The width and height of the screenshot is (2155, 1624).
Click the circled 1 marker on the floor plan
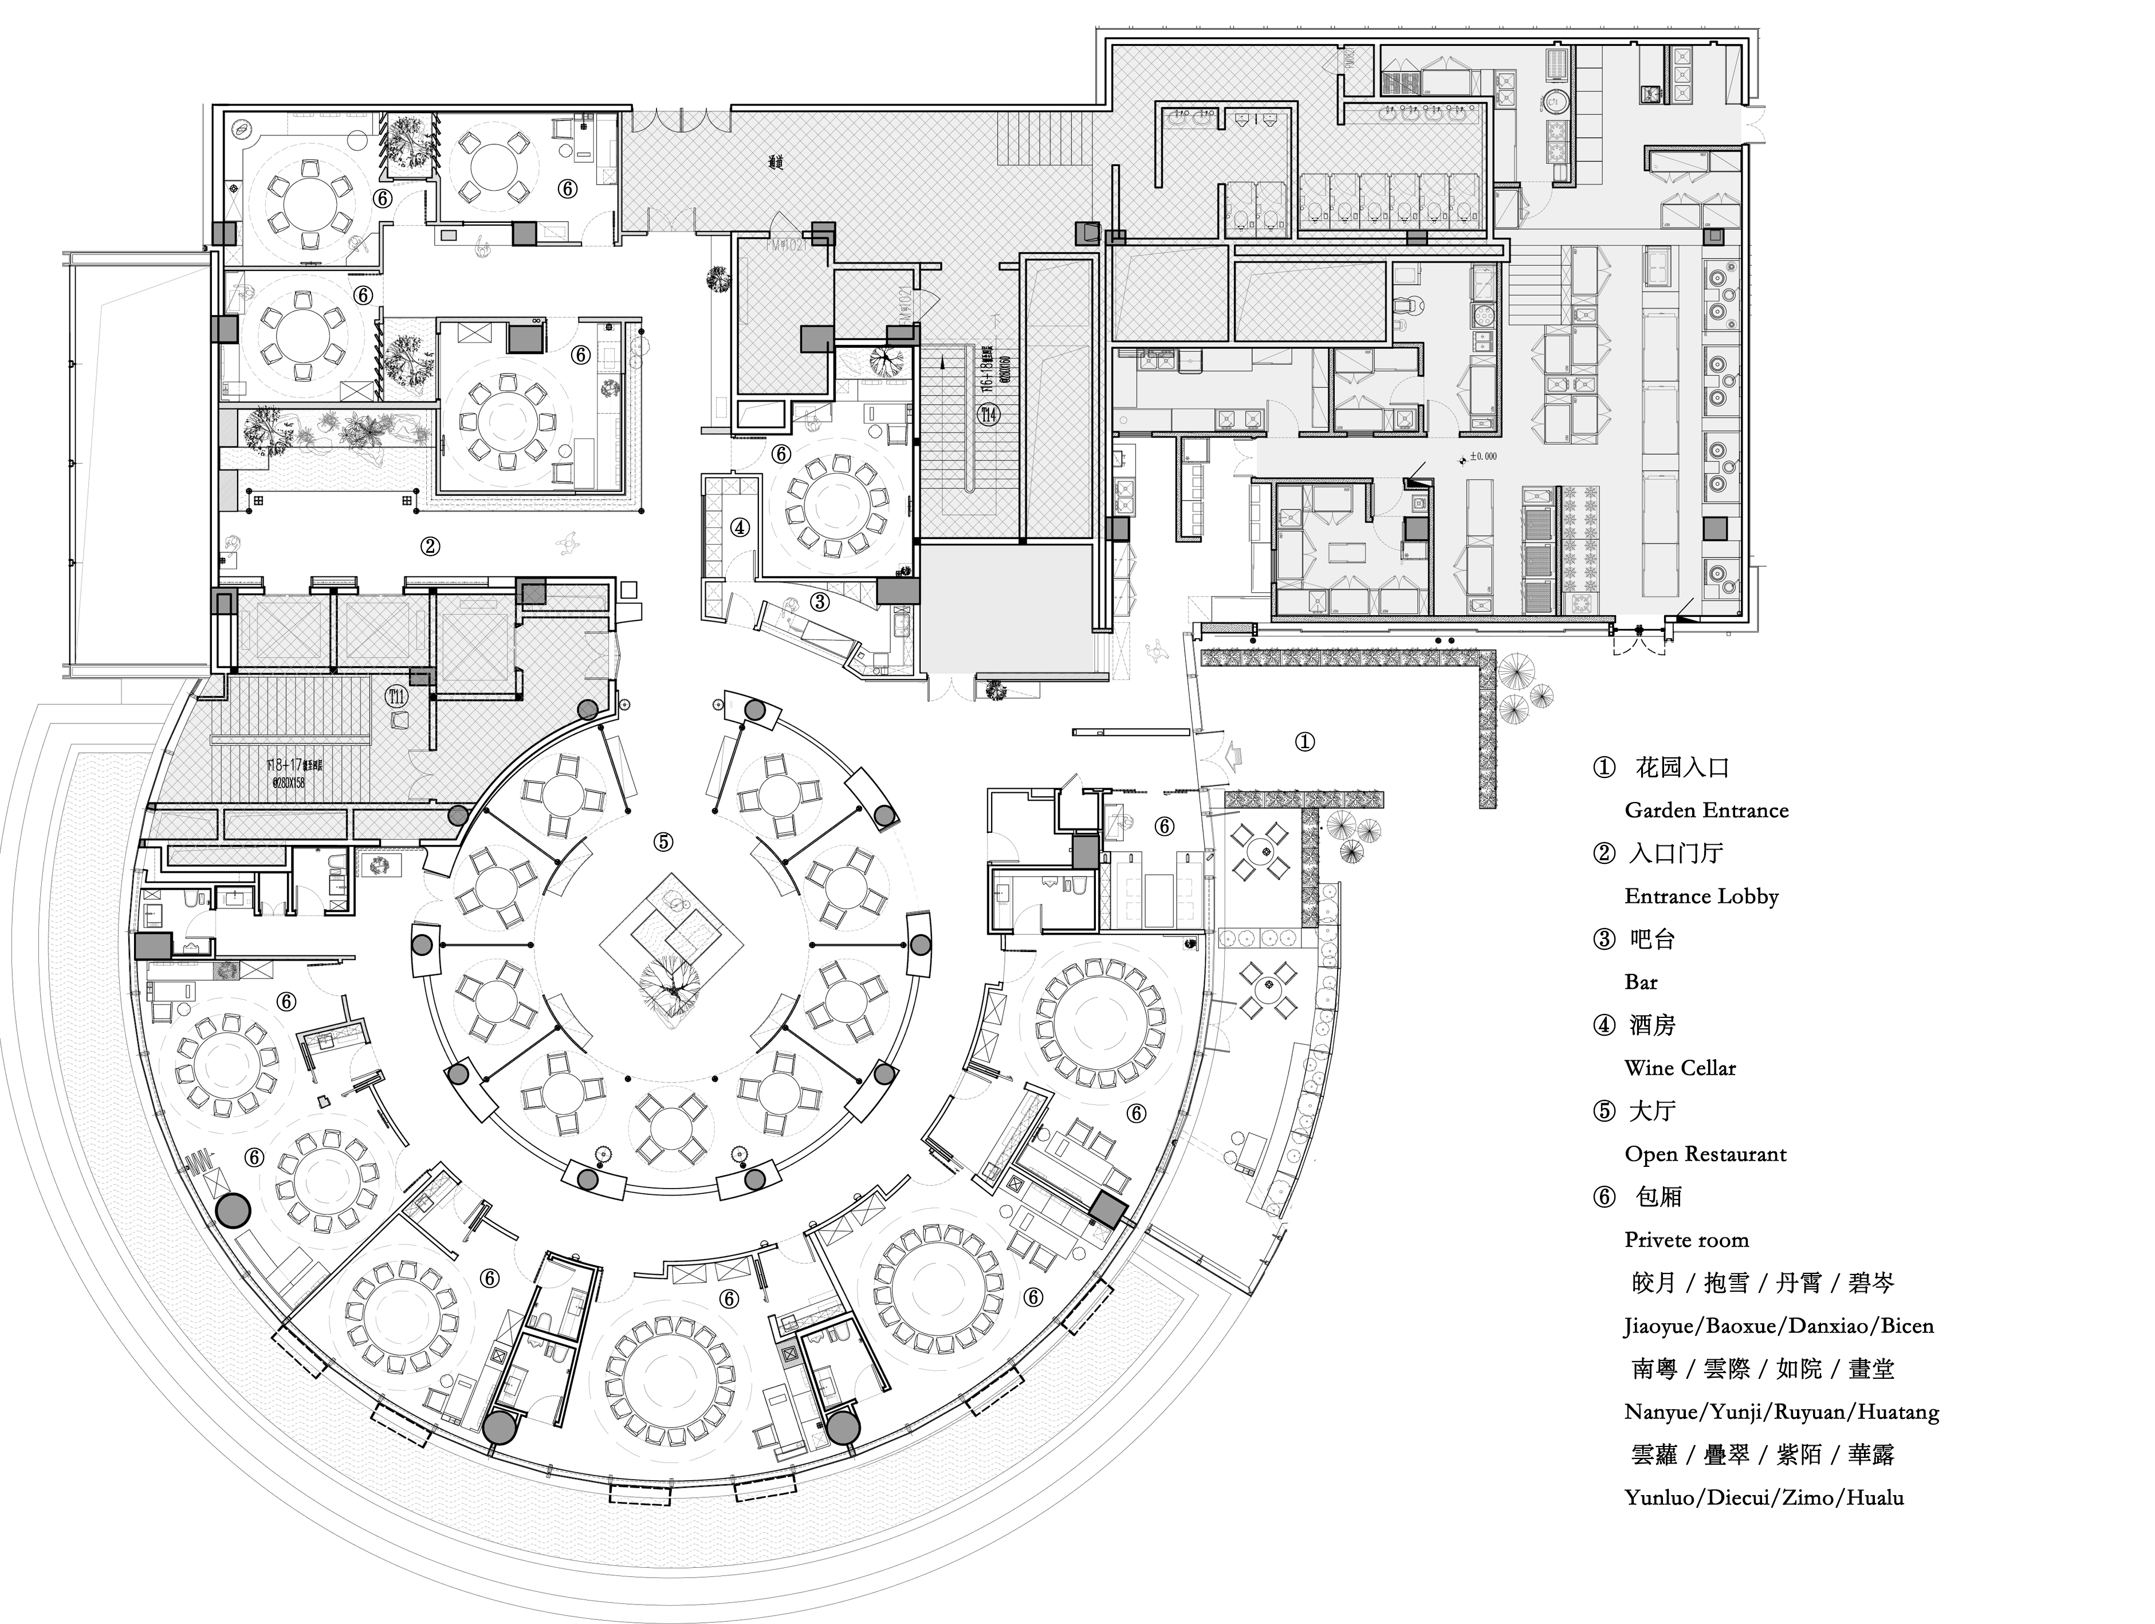pos(1304,742)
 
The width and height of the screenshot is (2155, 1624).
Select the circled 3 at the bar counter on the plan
pos(819,602)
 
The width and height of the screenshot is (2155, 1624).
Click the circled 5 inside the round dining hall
pos(663,842)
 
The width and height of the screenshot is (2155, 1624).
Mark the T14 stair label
pos(989,415)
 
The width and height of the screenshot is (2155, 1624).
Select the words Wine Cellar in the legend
pos(1680,1068)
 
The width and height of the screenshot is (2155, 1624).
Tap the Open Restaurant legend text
pos(1705,1154)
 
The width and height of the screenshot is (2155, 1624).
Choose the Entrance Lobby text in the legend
pos(1701,896)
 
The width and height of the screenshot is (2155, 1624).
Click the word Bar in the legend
pos(1641,982)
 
